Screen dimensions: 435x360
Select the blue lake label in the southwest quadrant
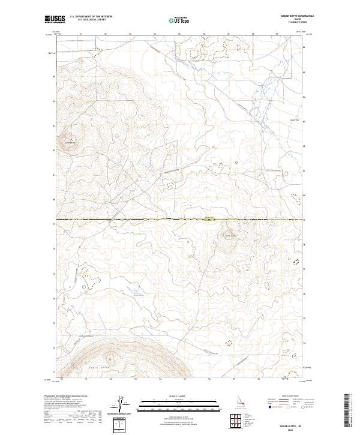[137, 294]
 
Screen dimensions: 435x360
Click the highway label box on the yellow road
[209, 219]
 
